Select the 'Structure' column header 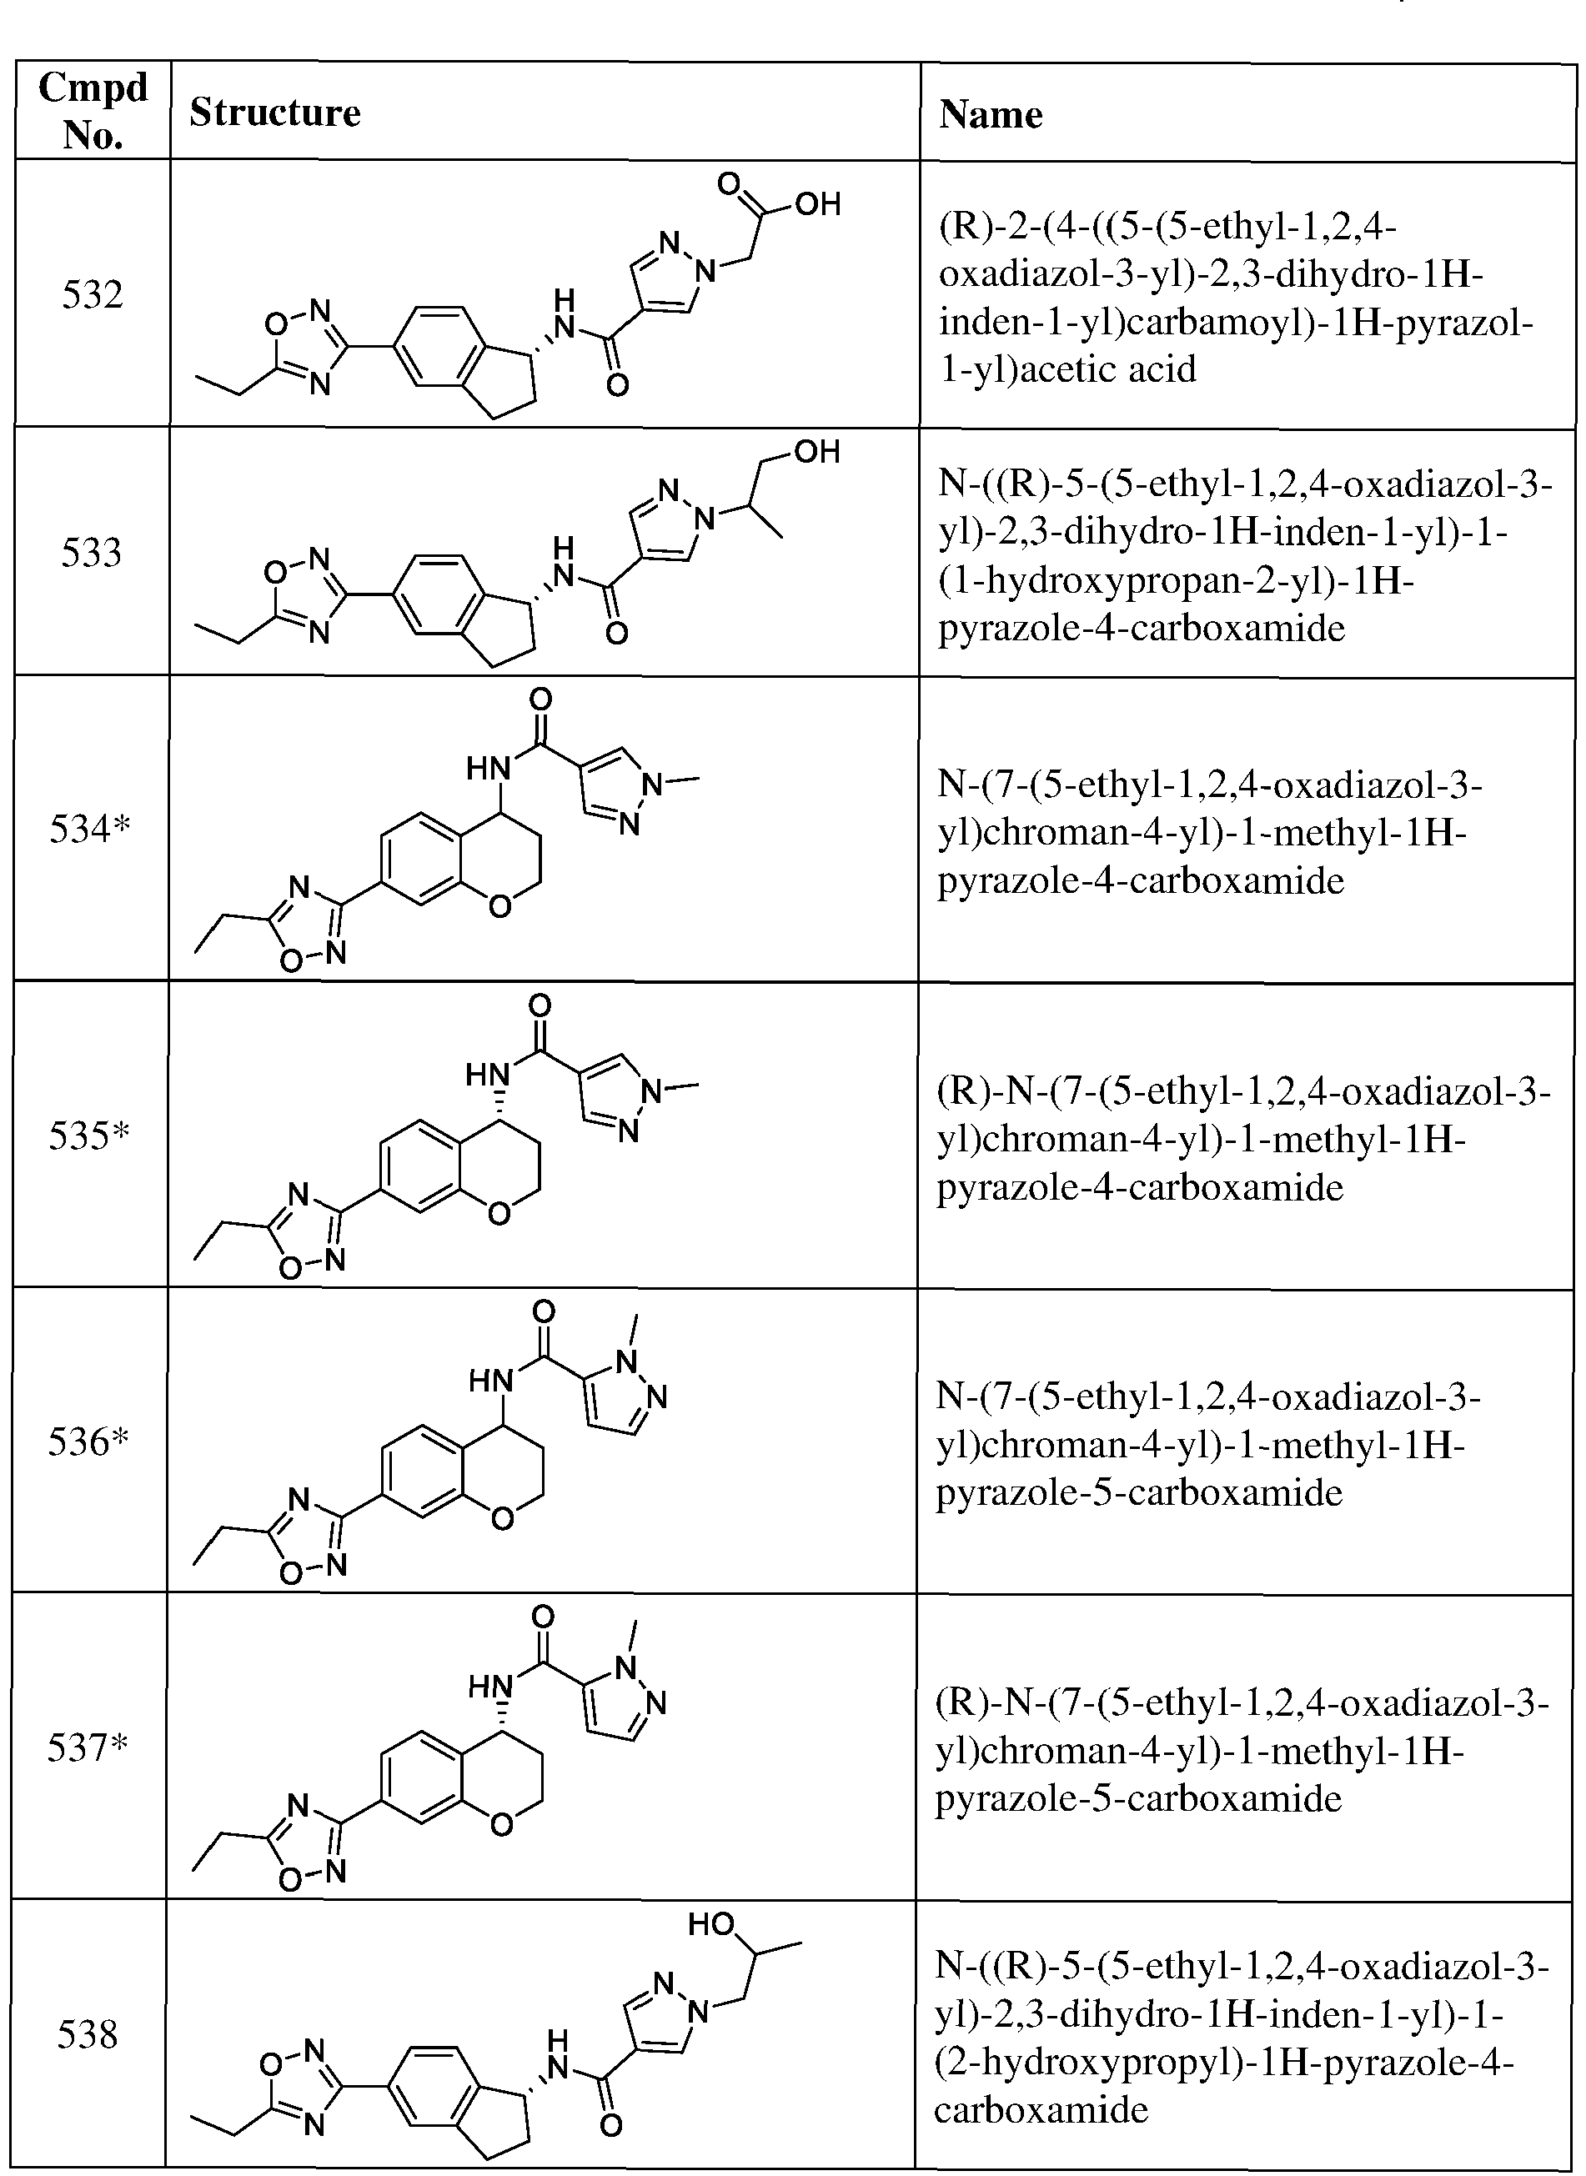tap(274, 113)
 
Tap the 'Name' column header tap(991, 114)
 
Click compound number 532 tap(93, 293)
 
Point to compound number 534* tap(89, 829)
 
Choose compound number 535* tap(88, 1136)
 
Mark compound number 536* tap(88, 1441)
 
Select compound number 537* tap(88, 1748)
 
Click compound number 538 tap(88, 2033)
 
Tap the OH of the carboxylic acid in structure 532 tap(817, 203)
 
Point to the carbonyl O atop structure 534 tap(540, 699)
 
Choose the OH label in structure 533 tap(817, 451)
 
